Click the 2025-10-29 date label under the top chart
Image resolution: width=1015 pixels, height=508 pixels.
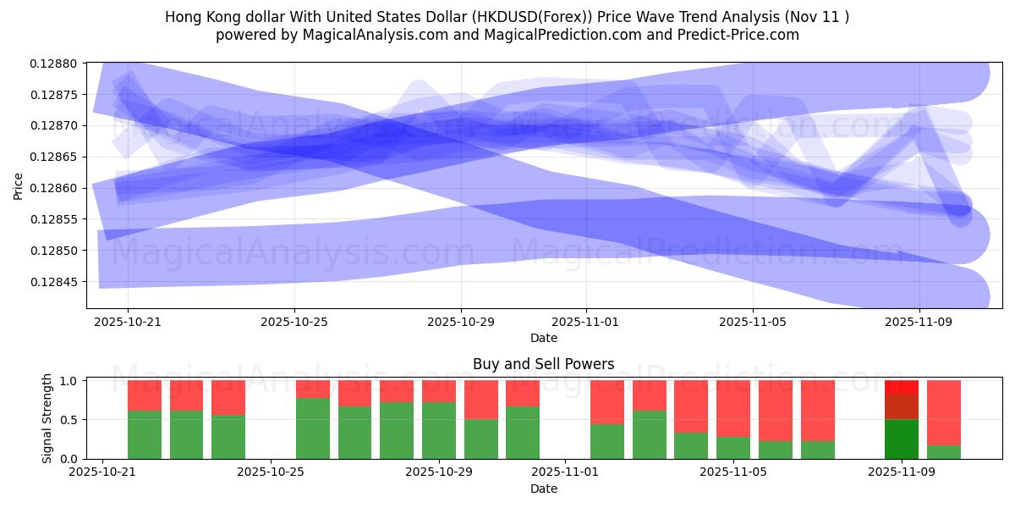click(461, 322)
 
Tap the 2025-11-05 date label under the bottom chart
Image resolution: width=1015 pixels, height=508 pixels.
click(732, 472)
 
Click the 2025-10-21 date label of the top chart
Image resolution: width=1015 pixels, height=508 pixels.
click(128, 322)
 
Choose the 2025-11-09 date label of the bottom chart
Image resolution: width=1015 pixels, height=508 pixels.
click(900, 472)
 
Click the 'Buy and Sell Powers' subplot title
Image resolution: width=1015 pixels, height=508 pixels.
click(543, 365)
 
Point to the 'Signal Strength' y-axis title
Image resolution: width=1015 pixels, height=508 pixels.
click(47, 418)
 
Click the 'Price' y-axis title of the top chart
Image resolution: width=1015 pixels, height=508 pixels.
click(19, 185)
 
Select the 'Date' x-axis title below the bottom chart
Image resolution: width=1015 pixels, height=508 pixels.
click(543, 489)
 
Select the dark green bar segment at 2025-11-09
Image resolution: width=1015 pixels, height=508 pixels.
click(901, 439)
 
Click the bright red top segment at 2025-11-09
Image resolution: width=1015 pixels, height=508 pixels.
click(901, 387)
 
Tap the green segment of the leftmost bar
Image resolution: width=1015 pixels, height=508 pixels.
click(145, 434)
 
